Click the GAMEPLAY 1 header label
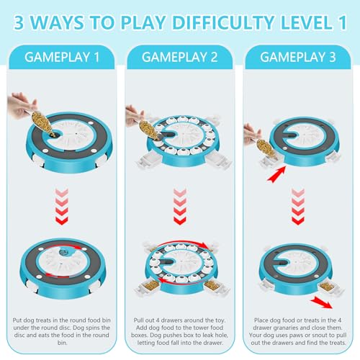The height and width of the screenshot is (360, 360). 62,58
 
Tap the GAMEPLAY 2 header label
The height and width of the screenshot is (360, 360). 180,58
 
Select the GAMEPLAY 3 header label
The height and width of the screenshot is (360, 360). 298,58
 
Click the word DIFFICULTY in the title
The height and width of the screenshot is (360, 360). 223,22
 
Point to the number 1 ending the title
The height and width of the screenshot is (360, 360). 342,22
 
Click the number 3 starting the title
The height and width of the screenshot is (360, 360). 19,22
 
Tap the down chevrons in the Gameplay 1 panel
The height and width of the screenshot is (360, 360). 62,207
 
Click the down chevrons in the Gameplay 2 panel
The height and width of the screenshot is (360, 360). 180,207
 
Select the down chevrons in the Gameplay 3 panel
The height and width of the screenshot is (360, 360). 298,207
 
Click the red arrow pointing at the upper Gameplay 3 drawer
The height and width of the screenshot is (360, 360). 276,174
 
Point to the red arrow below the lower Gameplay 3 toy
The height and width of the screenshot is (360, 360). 321,302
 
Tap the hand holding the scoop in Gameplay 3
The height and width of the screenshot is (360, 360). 251,134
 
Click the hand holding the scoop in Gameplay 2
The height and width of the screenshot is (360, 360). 134,116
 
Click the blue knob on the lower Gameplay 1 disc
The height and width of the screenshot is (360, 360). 64,252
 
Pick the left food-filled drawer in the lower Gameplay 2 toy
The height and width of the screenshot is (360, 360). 148,287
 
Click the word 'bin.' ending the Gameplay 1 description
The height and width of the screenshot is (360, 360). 62,343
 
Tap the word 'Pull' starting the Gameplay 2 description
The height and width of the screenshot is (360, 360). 138,320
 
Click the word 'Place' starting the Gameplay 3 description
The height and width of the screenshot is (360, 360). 262,320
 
